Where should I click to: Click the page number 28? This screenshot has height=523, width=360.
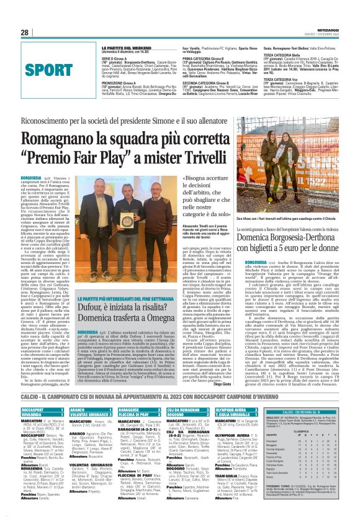(24, 32)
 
